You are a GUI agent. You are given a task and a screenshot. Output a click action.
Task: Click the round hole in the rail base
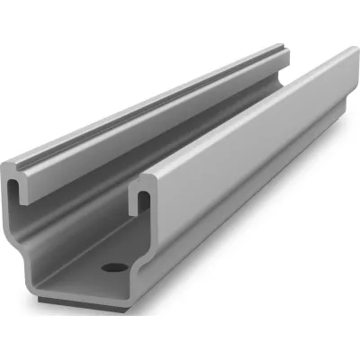(113, 267)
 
